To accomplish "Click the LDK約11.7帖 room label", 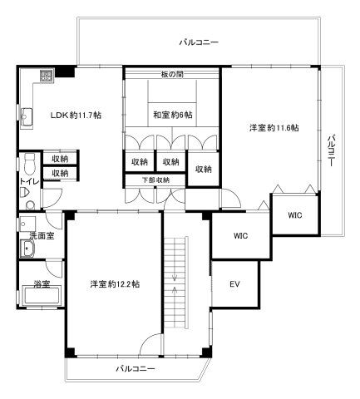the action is tap(76, 115).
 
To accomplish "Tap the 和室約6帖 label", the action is tap(173, 115).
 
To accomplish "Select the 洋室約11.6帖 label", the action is tap(274, 128).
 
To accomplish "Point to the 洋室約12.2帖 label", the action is tap(115, 284).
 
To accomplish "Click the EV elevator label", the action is tap(234, 284).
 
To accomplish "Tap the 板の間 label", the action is tap(172, 74).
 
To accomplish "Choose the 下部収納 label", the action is tap(155, 180).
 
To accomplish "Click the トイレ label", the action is tap(29, 181).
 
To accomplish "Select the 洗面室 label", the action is tap(42, 236).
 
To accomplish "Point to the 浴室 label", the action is tap(42, 283).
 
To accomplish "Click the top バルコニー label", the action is tap(199, 42).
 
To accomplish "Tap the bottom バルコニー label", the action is tap(136, 369).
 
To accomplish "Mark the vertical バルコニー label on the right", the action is tap(332, 150).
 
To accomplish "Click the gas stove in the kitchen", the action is tap(47, 76).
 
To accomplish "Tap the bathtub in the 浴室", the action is tap(41, 297).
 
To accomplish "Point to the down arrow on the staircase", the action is tap(175, 276).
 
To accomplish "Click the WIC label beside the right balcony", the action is tap(295, 215).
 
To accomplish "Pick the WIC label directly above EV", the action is tap(240, 236).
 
